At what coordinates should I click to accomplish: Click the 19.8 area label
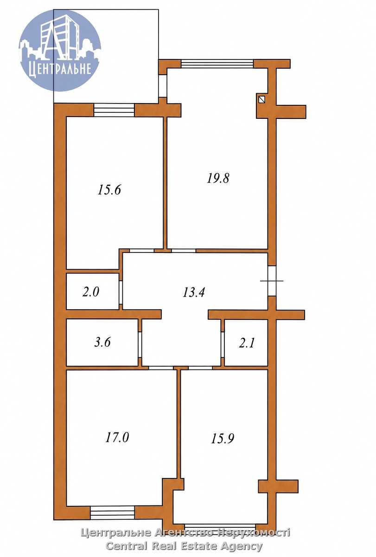218,178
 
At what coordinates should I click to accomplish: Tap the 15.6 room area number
109,190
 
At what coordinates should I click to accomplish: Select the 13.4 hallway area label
193,292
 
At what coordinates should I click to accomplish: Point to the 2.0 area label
91,291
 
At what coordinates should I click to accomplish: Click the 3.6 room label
102,342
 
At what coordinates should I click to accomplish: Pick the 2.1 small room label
247,343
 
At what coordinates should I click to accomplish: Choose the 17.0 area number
117,437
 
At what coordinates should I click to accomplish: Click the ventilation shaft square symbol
262,100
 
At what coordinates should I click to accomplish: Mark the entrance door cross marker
272,281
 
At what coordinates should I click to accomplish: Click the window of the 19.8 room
217,64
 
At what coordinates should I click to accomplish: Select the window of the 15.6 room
114,110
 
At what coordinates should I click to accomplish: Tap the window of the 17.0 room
113,513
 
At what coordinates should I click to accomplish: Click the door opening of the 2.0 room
121,292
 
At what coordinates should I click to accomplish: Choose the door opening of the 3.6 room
140,344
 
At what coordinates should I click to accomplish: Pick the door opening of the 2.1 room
223,344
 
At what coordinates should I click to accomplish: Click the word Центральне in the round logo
60,68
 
